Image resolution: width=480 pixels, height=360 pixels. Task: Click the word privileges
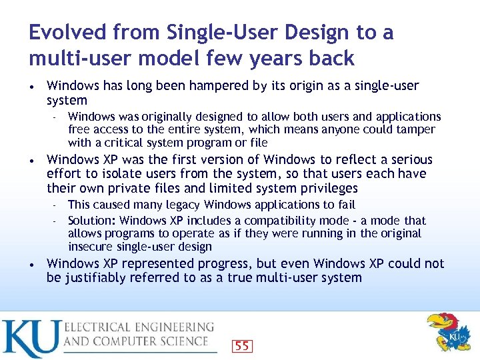coord(322,189)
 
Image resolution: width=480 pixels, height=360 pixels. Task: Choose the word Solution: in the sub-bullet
coord(93,221)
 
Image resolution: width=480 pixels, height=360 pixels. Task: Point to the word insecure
coord(89,247)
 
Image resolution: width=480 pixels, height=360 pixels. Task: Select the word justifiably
coord(94,278)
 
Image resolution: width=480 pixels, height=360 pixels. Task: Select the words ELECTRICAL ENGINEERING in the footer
coord(139,327)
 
